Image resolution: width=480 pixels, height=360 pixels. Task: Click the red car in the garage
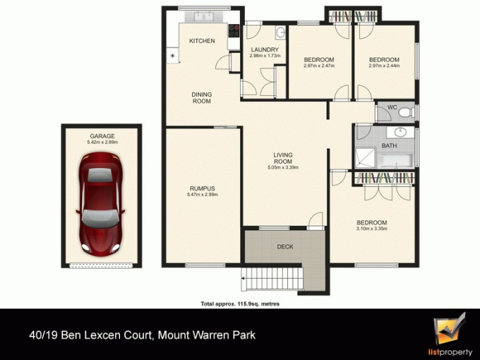tap(101, 202)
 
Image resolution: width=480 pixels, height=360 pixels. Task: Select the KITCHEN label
tap(202, 41)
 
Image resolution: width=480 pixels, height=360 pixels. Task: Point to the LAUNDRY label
tap(265, 49)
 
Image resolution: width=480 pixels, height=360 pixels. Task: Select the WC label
tap(392, 107)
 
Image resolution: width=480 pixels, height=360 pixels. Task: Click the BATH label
tap(390, 146)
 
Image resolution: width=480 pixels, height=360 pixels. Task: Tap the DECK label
tap(285, 247)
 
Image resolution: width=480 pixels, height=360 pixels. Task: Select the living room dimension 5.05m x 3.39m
tap(283, 167)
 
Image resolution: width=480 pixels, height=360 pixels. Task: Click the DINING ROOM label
tap(202, 98)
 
